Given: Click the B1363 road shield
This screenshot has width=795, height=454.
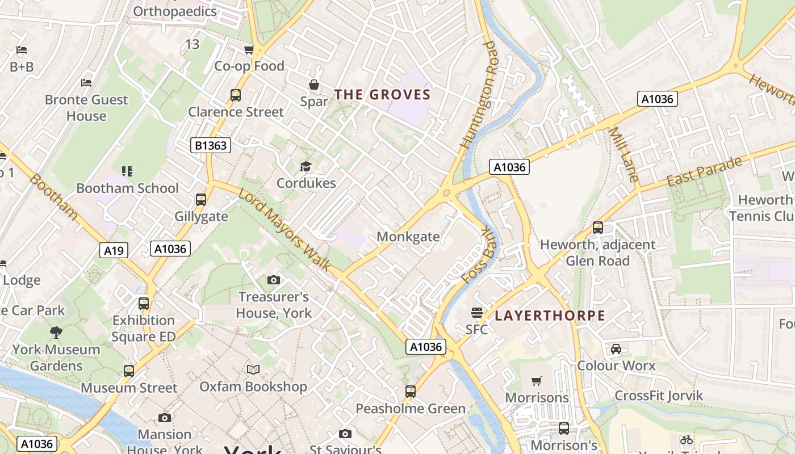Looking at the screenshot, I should pyautogui.click(x=211, y=145).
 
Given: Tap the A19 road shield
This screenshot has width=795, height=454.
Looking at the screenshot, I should pyautogui.click(x=114, y=250).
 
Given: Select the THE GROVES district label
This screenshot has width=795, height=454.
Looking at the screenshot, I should pyautogui.click(x=382, y=94).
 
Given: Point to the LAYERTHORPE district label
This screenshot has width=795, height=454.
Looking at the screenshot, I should pyautogui.click(x=550, y=316).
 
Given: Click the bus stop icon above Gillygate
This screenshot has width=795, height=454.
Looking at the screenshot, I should pyautogui.click(x=200, y=200).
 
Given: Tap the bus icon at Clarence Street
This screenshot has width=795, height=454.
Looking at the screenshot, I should pyautogui.click(x=235, y=95).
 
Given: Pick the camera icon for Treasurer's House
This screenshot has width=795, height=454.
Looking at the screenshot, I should pyautogui.click(x=273, y=280).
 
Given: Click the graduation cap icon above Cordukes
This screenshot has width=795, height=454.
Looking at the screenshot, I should pyautogui.click(x=306, y=166).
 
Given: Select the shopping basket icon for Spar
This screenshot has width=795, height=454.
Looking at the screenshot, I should pyautogui.click(x=313, y=85).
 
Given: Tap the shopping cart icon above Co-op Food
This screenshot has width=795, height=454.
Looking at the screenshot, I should pyautogui.click(x=249, y=50).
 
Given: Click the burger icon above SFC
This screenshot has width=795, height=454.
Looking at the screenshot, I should pyautogui.click(x=476, y=313).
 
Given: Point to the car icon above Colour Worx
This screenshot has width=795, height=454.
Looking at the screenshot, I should pyautogui.click(x=616, y=348).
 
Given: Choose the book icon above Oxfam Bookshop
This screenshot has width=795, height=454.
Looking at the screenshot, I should pyautogui.click(x=253, y=369).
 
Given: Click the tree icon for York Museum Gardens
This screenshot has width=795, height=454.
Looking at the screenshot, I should pyautogui.click(x=56, y=333).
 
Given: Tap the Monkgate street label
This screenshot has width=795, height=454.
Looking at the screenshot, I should pyautogui.click(x=408, y=236).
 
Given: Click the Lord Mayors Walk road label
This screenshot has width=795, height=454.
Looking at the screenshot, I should pyautogui.click(x=284, y=230).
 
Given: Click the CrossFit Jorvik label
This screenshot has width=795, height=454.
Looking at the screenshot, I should pyautogui.click(x=659, y=396).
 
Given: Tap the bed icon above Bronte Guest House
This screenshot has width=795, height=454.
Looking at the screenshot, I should pyautogui.click(x=86, y=83).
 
